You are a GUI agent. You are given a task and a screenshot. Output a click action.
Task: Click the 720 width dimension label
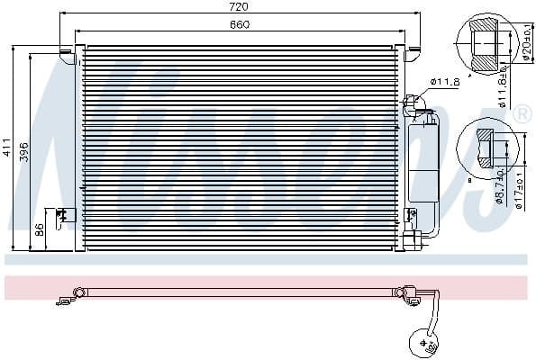click(x=239, y=6)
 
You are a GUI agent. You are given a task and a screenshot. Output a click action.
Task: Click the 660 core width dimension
click(x=239, y=24)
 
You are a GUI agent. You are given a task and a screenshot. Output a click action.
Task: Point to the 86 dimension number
click(x=40, y=229)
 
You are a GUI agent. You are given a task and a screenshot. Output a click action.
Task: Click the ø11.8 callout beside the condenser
click(x=445, y=82)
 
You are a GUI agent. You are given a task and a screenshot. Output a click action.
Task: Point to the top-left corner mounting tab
click(x=67, y=50)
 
